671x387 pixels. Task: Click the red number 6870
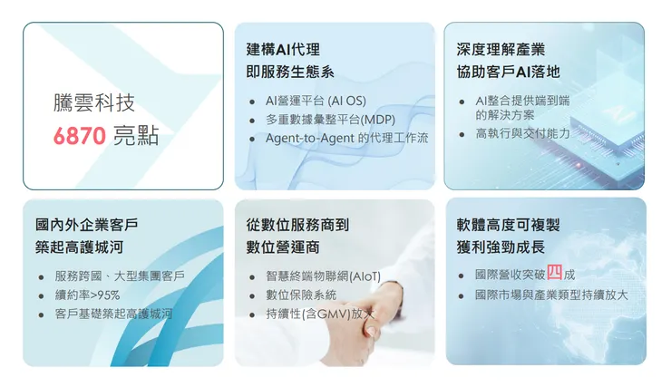point(79,137)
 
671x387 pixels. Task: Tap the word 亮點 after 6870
point(135,137)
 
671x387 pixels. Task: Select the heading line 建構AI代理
point(283,50)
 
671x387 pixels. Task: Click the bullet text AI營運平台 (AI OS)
point(316,101)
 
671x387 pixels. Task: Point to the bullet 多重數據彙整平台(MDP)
point(330,120)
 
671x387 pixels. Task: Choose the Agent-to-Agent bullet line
point(346,139)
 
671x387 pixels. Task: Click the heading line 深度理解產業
point(501,50)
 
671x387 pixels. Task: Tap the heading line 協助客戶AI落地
point(508,72)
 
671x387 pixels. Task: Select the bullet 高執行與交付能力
point(523,134)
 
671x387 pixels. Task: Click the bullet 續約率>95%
point(87,295)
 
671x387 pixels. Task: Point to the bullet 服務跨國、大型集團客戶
point(120,276)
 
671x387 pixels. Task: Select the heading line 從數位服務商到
point(297,224)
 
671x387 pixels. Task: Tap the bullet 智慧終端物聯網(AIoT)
point(323,276)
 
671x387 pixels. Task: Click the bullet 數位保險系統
point(301,295)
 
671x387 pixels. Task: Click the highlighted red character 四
point(554,273)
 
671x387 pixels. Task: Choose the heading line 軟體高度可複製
point(508,224)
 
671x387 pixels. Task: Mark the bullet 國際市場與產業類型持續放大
point(551,295)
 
